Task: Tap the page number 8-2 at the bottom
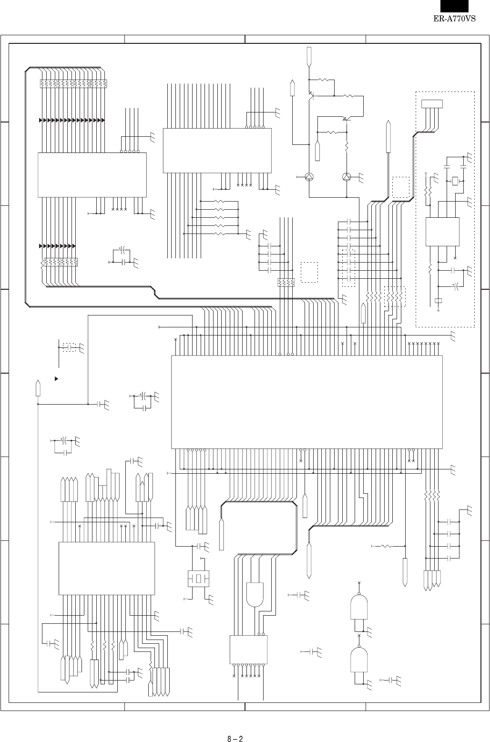pos(235,727)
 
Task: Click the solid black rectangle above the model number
pos(454,6)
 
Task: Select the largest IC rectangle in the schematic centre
pos(306,402)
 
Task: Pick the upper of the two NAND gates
pos(359,606)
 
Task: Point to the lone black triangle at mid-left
pos(56,379)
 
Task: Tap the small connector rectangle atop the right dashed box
pos(432,103)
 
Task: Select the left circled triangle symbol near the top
pos(309,177)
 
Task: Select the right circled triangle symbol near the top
pos(347,177)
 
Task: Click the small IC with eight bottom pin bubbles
pos(248,649)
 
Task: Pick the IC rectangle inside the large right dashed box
pos(442,232)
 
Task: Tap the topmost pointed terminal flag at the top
pos(309,56)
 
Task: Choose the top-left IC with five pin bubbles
pos(92,174)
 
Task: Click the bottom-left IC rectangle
pos(106,568)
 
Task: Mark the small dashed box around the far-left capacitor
pos(70,347)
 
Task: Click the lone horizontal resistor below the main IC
pos(385,546)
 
